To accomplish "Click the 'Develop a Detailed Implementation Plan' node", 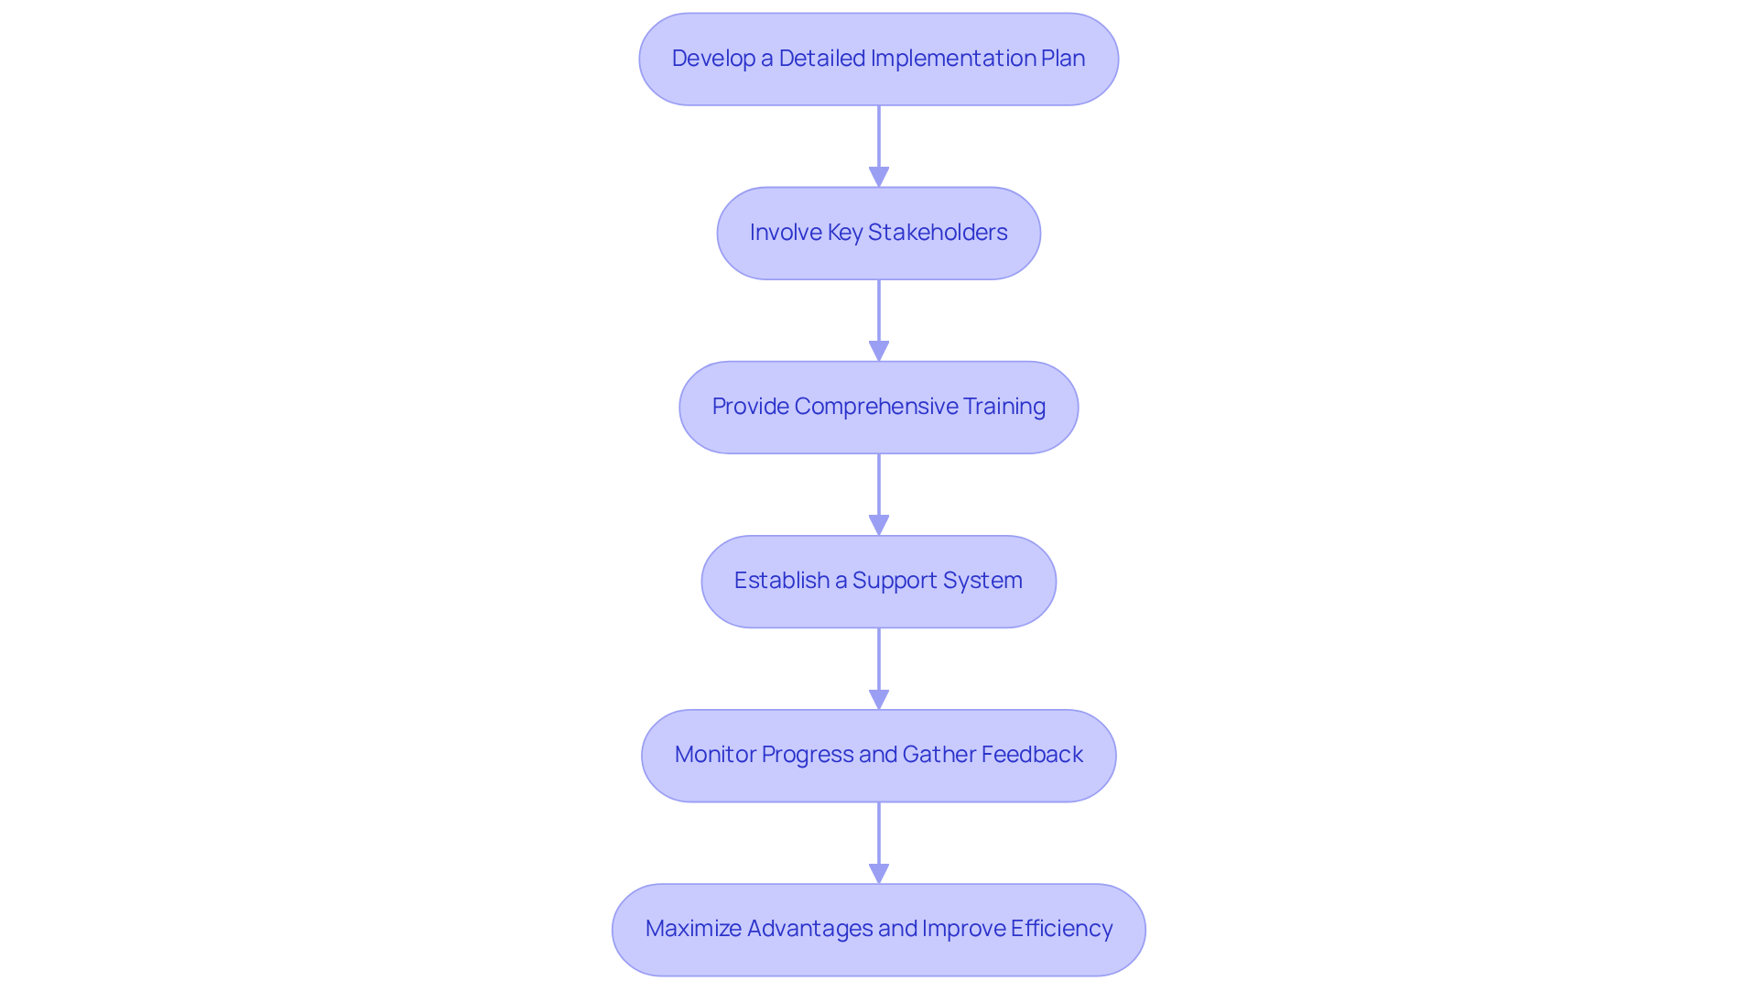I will coord(878,59).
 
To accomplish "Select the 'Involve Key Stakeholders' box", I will coord(878,233).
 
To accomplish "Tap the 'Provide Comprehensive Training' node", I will coord(878,407).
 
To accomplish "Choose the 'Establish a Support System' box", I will coord(878,581).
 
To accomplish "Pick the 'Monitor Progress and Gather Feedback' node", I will coord(878,755).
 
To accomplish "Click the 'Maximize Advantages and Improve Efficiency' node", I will coord(878,929).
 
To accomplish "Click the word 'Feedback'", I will coord(1032,755).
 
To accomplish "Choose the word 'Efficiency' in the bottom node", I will coord(1061,929).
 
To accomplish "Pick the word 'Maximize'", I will coord(693,929).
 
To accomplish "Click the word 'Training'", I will coord(1004,407).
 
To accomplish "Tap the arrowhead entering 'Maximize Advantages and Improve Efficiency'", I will coord(879,873).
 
